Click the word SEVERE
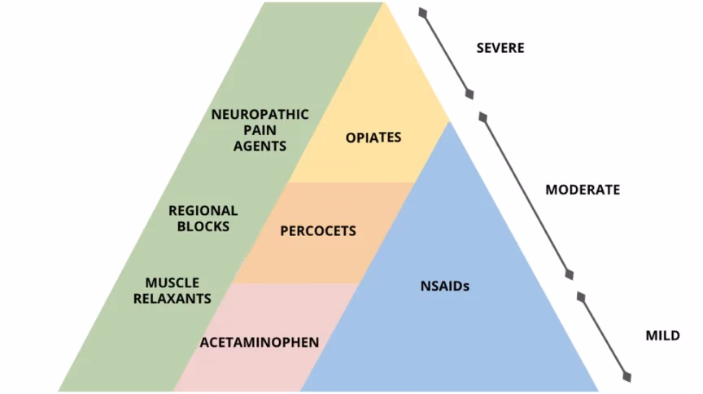pos(500,48)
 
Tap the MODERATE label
pos(583,190)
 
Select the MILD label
pos(662,335)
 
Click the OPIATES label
pos(373,138)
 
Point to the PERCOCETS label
pos(318,231)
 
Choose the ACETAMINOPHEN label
pos(260,343)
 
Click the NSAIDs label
pos(445,287)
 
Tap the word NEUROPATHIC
pos(260,114)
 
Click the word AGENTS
pos(260,147)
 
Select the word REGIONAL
pos(203,210)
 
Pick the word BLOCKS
pos(203,226)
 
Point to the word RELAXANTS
pos(177,299)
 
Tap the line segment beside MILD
pos(603,335)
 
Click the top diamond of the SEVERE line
pos(421,12)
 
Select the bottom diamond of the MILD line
pos(627,375)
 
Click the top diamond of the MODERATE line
pos(482,118)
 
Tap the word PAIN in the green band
pos(260,130)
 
